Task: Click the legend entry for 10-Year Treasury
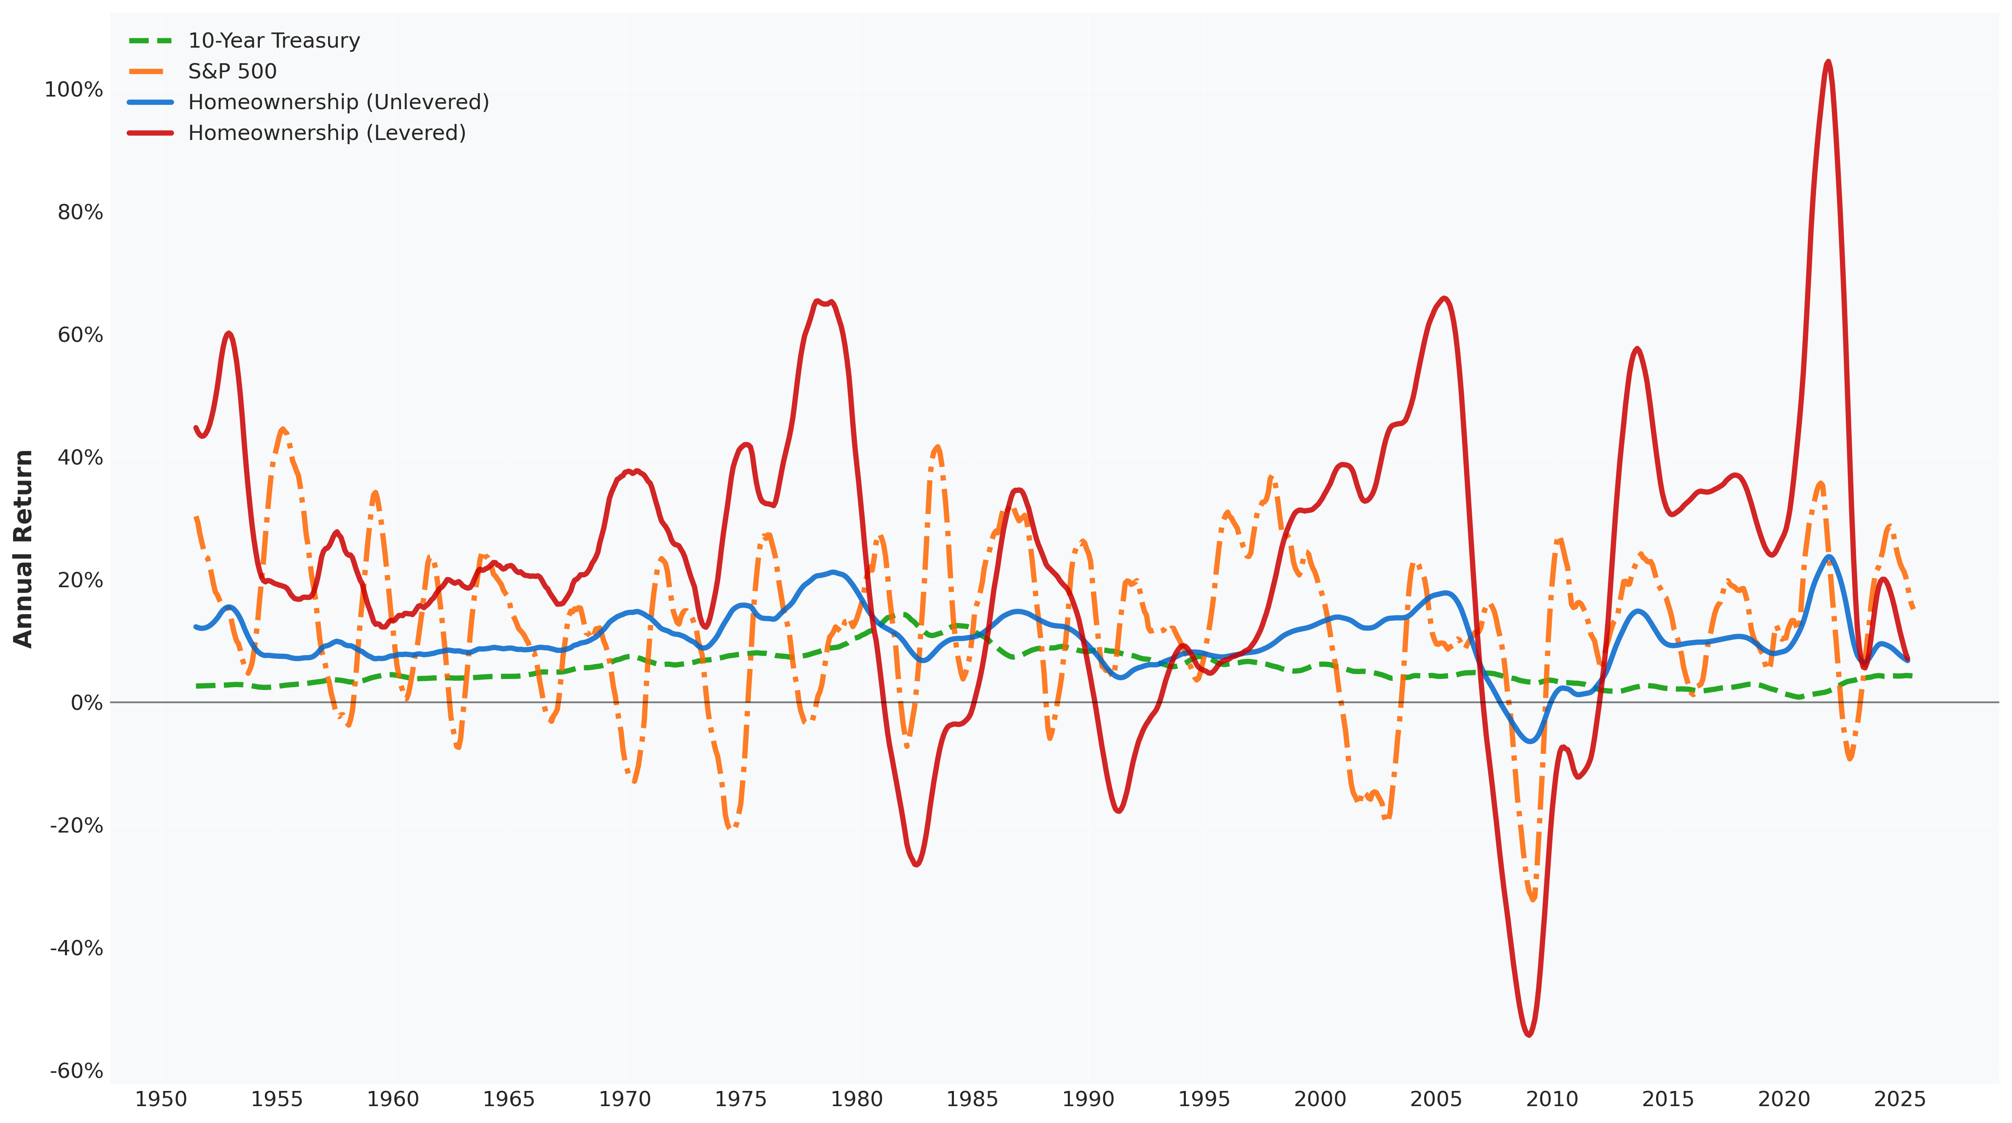pos(273,40)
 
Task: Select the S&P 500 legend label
pos(232,71)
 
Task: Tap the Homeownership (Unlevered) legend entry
pos(338,102)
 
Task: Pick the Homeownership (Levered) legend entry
pos(326,133)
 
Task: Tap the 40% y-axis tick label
pos(80,458)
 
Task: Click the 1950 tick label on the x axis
pos(161,1099)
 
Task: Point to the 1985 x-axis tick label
pos(972,1099)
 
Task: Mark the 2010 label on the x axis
pos(1552,1099)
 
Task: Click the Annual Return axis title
pos(24,548)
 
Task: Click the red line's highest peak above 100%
pos(1828,62)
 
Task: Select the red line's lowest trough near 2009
pos(1529,1035)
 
